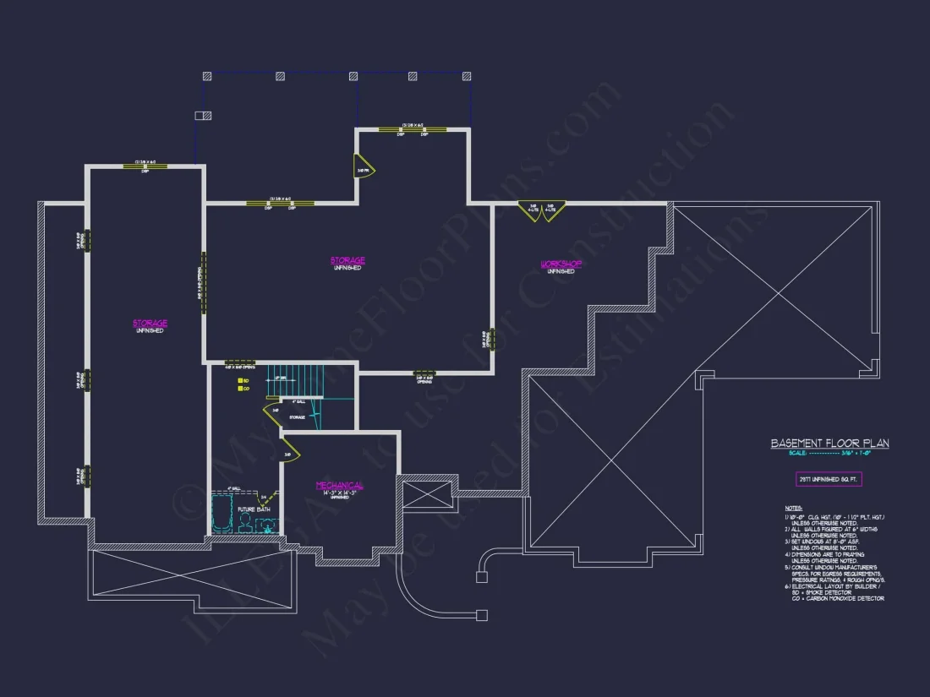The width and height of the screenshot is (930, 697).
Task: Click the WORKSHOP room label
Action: point(561,264)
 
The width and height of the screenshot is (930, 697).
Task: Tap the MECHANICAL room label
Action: point(340,486)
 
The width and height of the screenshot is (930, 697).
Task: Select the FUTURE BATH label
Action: point(253,509)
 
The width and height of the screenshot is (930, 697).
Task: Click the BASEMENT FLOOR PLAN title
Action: point(829,444)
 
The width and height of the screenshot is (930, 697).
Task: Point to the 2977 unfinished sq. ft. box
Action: point(829,479)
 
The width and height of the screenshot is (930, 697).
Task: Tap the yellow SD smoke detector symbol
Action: point(239,382)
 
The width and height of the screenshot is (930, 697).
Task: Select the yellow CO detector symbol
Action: point(239,389)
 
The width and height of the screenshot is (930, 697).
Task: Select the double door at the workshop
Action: point(541,211)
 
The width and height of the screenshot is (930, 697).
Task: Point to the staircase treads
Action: point(296,381)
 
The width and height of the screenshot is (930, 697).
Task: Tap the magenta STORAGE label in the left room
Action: point(150,323)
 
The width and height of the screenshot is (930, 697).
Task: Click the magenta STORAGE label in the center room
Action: point(347,260)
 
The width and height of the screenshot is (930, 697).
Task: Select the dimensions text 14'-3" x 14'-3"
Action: point(340,493)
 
